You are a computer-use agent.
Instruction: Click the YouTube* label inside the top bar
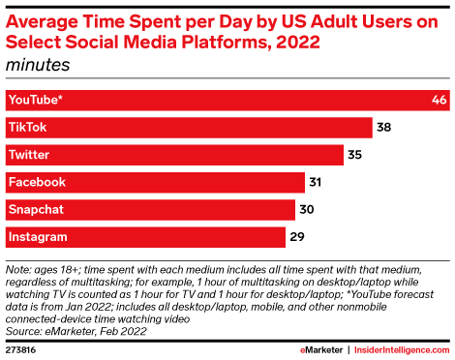pyautogui.click(x=36, y=100)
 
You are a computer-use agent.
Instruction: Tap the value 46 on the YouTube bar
pyautogui.click(x=440, y=100)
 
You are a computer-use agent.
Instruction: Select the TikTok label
pyautogui.click(x=28, y=127)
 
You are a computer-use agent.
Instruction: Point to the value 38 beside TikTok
pyautogui.click(x=383, y=127)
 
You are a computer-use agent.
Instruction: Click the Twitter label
pyautogui.click(x=29, y=155)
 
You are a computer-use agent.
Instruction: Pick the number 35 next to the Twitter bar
pyautogui.click(x=354, y=155)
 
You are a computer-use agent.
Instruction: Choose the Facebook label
pyautogui.click(x=37, y=182)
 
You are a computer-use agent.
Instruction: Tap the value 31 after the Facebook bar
pyautogui.click(x=316, y=182)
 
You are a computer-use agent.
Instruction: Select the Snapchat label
pyautogui.click(x=36, y=210)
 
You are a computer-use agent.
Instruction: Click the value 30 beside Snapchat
pyautogui.click(x=307, y=209)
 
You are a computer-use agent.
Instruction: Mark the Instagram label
pyautogui.click(x=38, y=237)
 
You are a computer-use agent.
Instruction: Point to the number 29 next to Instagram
pyautogui.click(x=297, y=237)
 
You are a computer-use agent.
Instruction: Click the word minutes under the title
pyautogui.click(x=38, y=65)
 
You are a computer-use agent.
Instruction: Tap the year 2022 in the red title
pyautogui.click(x=298, y=42)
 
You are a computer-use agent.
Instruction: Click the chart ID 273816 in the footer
pyautogui.click(x=20, y=350)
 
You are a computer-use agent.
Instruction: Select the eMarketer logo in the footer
pyautogui.click(x=321, y=350)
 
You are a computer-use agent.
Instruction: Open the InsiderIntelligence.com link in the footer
pyautogui.click(x=402, y=350)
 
